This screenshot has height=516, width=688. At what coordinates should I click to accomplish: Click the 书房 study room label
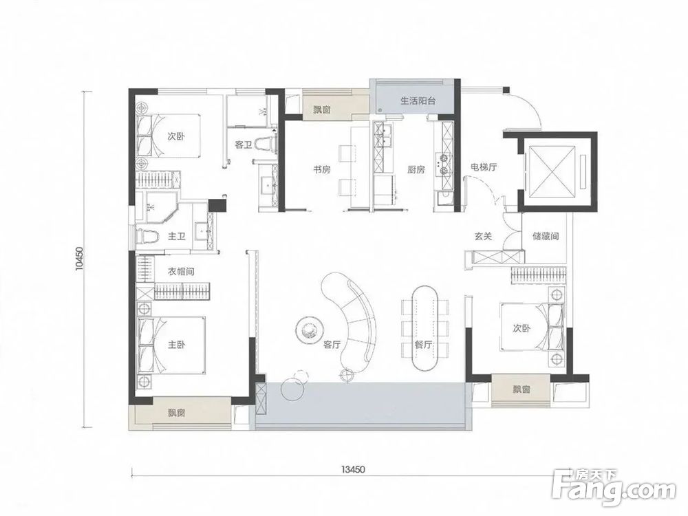click(x=321, y=169)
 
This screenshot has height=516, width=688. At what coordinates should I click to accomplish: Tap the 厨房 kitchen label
click(x=416, y=169)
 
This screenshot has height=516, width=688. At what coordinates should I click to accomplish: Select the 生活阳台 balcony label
click(x=418, y=100)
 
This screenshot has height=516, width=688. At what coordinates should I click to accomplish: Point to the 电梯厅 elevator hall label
click(x=484, y=166)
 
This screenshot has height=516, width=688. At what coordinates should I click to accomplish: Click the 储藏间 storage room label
click(x=546, y=236)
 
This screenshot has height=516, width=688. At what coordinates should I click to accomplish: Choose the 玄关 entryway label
click(x=483, y=236)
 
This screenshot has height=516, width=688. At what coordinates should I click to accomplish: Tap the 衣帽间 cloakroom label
click(x=181, y=272)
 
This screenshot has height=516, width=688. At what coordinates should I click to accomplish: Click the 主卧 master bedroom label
click(x=176, y=345)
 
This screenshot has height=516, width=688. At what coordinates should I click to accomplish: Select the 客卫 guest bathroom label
click(x=244, y=144)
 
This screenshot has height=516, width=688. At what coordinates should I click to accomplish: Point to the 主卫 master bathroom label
click(x=176, y=237)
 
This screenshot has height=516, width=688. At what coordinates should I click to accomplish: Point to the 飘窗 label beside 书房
click(x=321, y=109)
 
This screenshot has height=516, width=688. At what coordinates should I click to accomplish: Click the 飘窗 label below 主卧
click(x=176, y=413)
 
